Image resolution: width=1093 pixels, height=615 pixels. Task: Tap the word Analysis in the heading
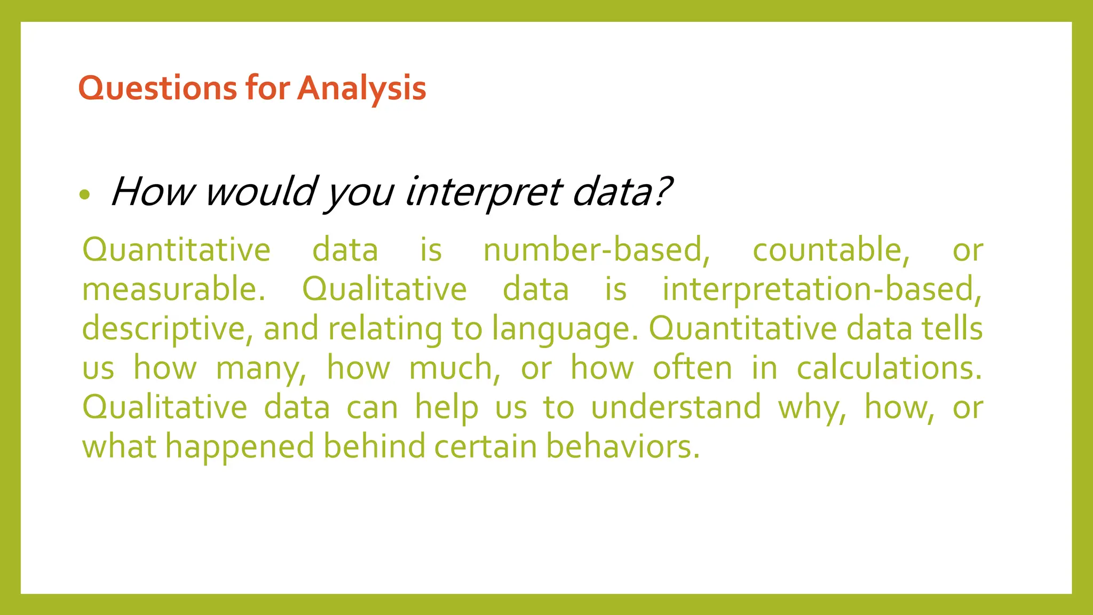tap(361, 88)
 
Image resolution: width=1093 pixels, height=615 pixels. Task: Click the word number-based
tap(597, 250)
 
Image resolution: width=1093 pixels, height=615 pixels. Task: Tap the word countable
tap(830, 250)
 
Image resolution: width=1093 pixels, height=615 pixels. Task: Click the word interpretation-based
tap(822, 289)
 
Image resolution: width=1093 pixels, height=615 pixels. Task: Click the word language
tap(564, 329)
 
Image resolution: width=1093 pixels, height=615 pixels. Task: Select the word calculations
tap(889, 368)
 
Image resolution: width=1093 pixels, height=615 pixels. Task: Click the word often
tap(692, 368)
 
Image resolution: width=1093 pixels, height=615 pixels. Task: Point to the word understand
tap(676, 407)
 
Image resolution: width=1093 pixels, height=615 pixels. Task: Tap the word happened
tap(240, 447)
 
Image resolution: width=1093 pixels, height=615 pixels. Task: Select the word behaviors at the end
tap(622, 446)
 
